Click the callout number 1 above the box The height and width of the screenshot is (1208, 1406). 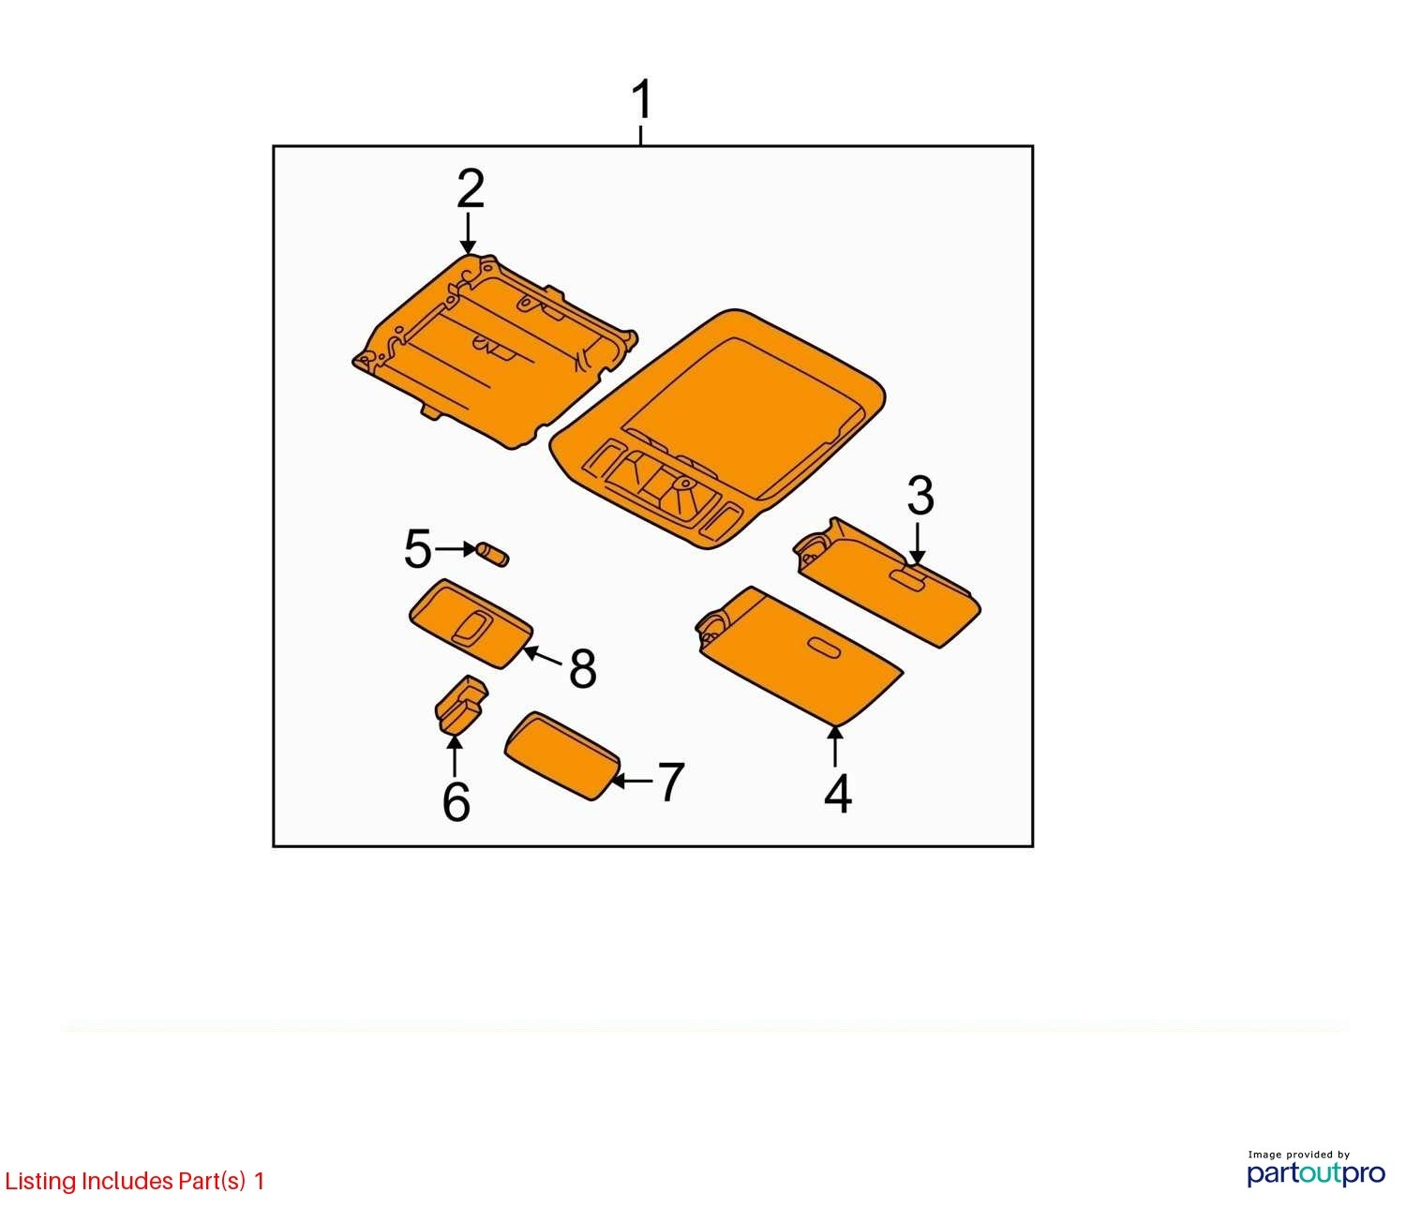[x=641, y=100]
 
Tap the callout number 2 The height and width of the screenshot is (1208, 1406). [x=470, y=188]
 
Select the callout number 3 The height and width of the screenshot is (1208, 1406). [x=920, y=496]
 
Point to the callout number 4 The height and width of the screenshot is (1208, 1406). [x=837, y=793]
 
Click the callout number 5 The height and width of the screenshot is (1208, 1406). [x=418, y=548]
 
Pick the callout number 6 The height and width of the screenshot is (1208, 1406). [x=456, y=801]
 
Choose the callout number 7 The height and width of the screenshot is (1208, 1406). [x=670, y=782]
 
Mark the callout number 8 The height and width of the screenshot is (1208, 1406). [x=582, y=668]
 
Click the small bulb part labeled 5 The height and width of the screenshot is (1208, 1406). [x=493, y=554]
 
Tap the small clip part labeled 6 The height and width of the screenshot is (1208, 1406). [x=460, y=704]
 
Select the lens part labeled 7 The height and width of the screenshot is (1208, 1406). [x=561, y=755]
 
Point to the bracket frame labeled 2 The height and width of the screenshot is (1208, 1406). [x=495, y=350]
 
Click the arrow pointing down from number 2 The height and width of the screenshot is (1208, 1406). [x=468, y=233]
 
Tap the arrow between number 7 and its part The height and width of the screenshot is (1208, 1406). [x=631, y=782]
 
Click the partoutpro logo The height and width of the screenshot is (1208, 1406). [x=1315, y=1173]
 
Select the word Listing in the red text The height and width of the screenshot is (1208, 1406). [x=41, y=1182]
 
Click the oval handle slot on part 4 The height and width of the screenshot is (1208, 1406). [x=824, y=649]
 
